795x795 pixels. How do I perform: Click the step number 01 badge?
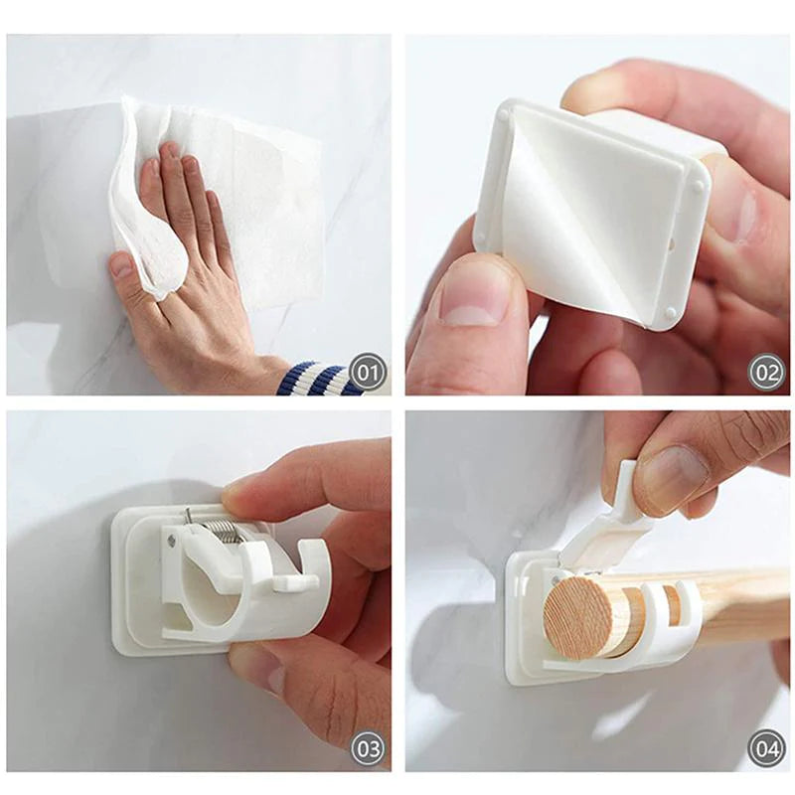coord(368,374)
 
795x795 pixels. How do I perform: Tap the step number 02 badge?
coord(766,374)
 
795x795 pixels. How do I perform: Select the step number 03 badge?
coord(368,748)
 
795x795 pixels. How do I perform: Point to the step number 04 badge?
coord(766,748)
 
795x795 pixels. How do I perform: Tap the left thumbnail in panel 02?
coord(475,298)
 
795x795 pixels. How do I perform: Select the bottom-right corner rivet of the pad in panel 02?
coord(673,314)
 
